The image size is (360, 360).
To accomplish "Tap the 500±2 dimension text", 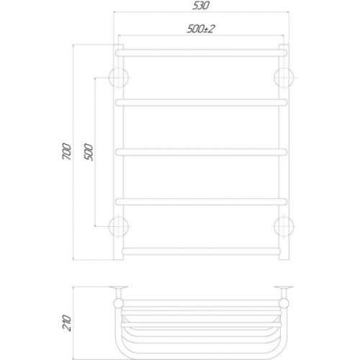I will (x=202, y=29).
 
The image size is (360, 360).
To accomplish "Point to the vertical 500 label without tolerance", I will (x=89, y=152).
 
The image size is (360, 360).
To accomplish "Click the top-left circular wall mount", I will (x=119, y=76).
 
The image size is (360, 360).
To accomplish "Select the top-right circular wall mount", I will (x=284, y=76).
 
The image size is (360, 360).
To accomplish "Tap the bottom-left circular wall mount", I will (x=119, y=226).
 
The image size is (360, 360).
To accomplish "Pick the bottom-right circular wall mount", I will (x=284, y=226).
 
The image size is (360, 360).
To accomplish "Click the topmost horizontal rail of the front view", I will (x=202, y=53).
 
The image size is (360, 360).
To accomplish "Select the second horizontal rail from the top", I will (x=202, y=102).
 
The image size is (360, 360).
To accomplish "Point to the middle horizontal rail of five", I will (x=202, y=151).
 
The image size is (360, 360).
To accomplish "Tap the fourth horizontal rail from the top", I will (x=202, y=201).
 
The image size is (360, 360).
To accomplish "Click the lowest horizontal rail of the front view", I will (x=202, y=251).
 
